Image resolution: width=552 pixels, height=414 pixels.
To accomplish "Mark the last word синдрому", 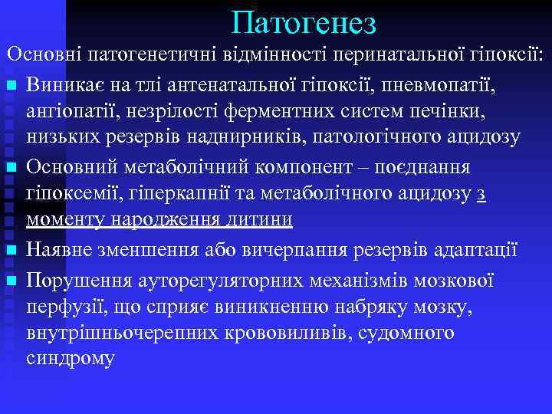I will [x=71, y=358].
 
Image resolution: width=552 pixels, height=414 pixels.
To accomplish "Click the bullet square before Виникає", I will [x=11, y=84].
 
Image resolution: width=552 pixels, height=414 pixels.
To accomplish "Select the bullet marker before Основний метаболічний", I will [x=11, y=167].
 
